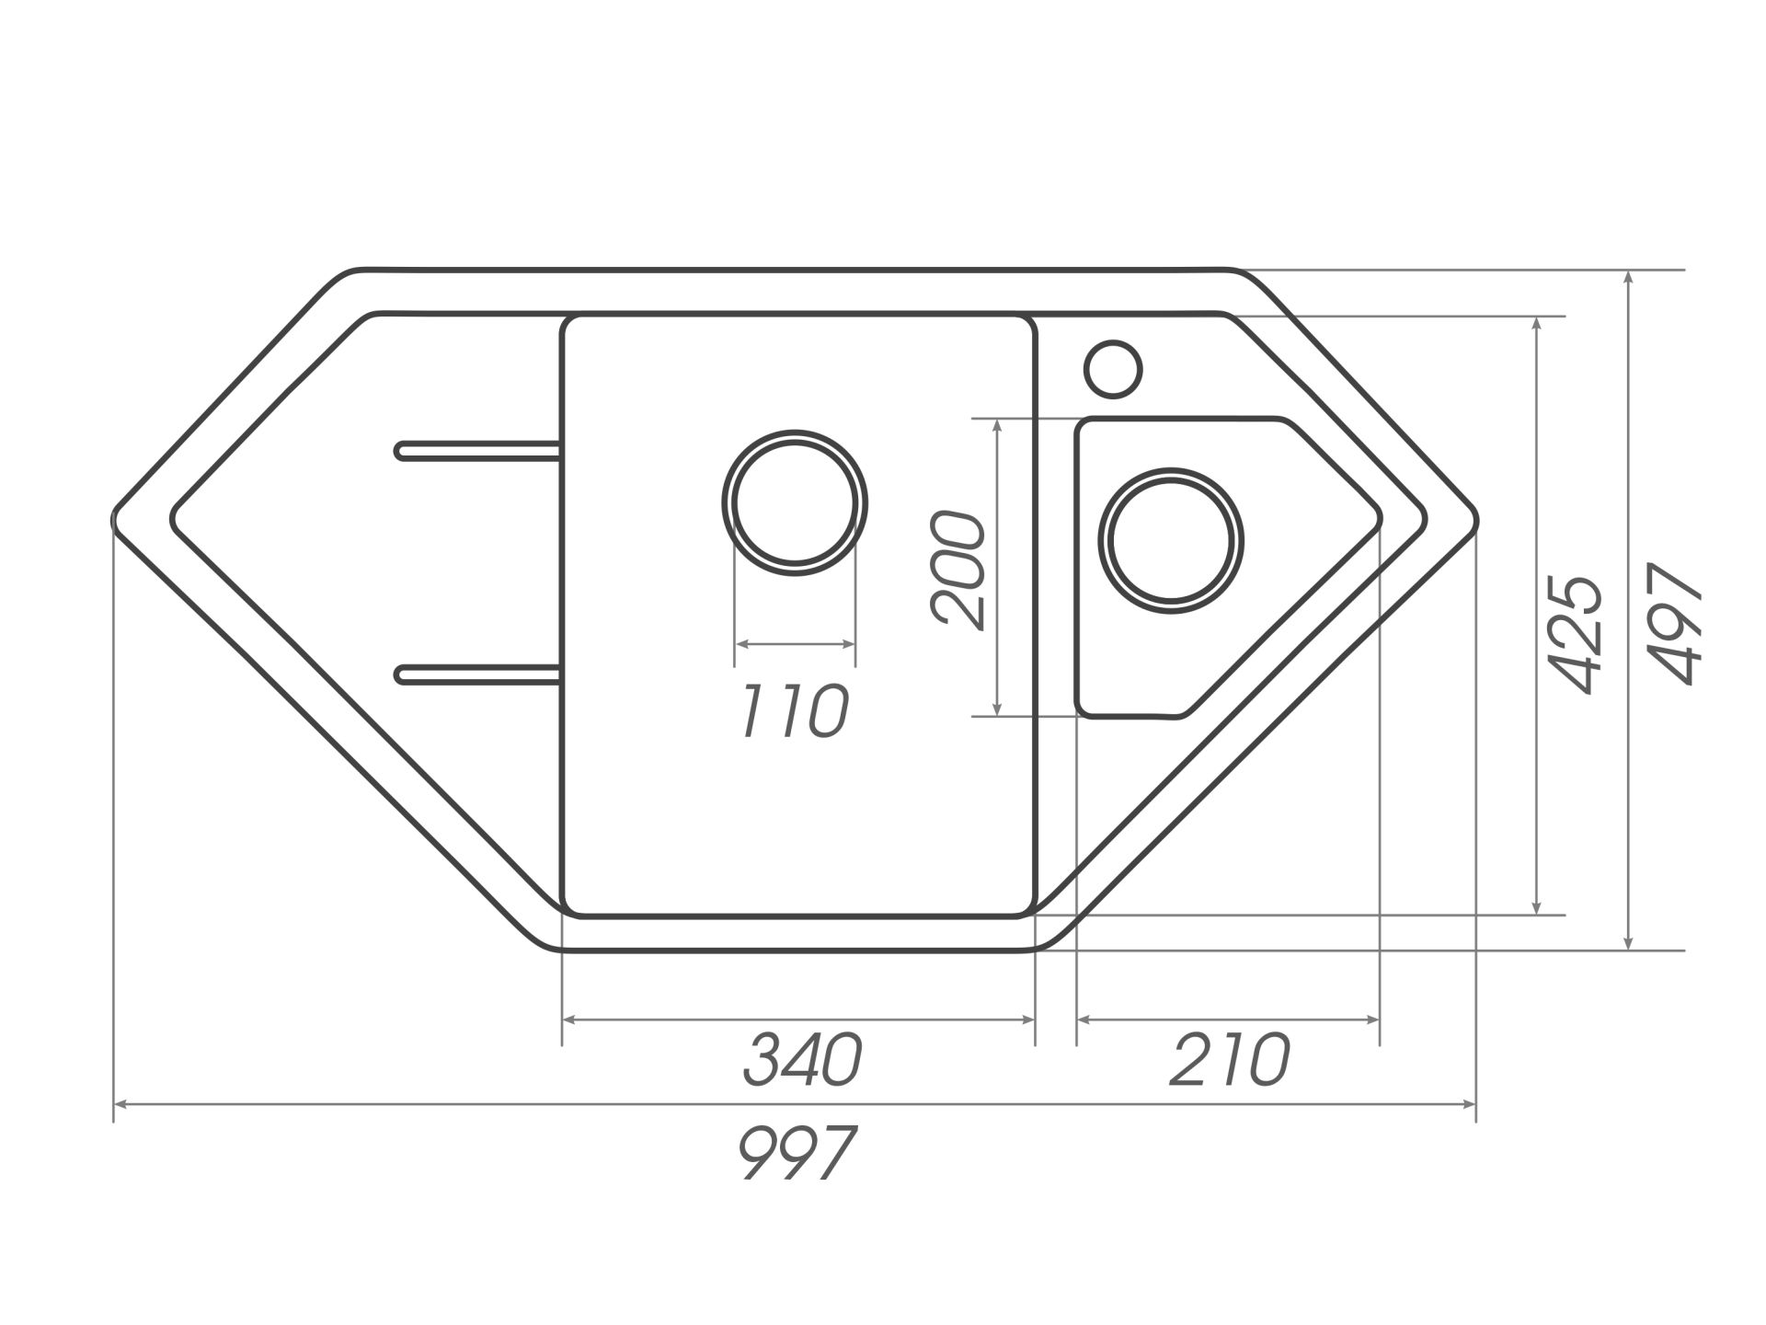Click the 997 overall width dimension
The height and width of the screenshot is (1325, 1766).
[797, 1151]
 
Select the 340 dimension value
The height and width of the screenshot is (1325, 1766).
[802, 1060]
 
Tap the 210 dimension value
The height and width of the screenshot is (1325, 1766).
[1230, 1060]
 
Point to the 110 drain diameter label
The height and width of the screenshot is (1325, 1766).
[795, 711]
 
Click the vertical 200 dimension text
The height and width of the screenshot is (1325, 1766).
[958, 570]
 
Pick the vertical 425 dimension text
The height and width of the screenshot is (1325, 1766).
[1576, 634]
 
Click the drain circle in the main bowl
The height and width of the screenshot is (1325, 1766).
[795, 502]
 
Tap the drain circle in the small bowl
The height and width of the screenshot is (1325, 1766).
[1171, 539]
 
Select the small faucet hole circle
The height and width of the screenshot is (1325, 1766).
[1113, 370]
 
